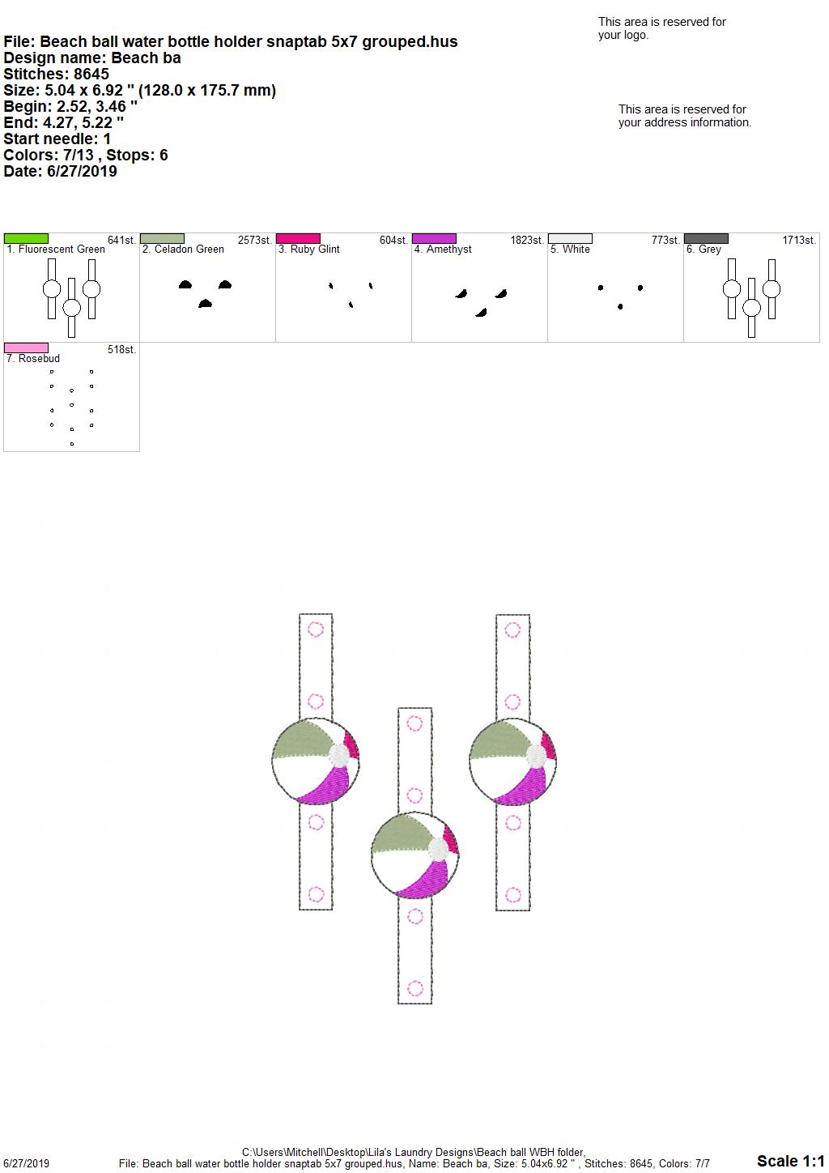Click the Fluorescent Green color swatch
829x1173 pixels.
pyautogui.click(x=26, y=238)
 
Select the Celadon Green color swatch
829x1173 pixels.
pyautogui.click(x=162, y=238)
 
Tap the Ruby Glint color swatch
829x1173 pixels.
pyautogui.click(x=298, y=238)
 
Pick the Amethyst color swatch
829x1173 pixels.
pyautogui.click(x=435, y=238)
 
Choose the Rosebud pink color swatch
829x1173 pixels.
pyautogui.click(x=26, y=348)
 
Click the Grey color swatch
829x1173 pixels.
pyautogui.click(x=706, y=238)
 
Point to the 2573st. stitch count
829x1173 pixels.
pyautogui.click(x=255, y=241)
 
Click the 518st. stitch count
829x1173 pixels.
pyautogui.click(x=122, y=350)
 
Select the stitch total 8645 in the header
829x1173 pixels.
pyautogui.click(x=91, y=74)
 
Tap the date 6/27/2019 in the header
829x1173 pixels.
pyautogui.click(x=82, y=171)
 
